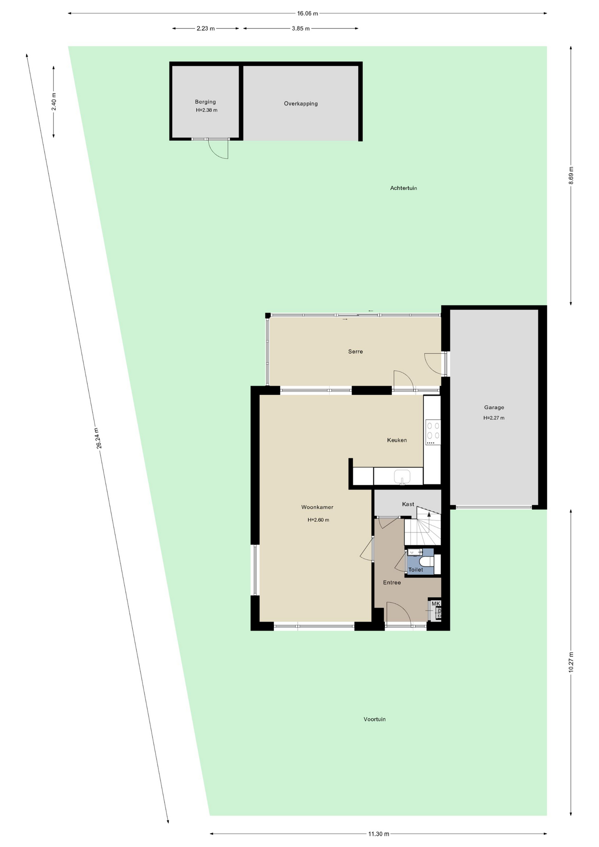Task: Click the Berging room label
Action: [x=205, y=102]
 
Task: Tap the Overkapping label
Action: [x=301, y=104]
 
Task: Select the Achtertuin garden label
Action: [x=404, y=188]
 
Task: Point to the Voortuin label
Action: [x=374, y=719]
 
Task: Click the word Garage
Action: [x=494, y=408]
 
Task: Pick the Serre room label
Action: [x=356, y=352]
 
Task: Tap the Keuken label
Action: [x=397, y=440]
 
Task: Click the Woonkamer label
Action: [x=317, y=507]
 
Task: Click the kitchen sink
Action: [x=402, y=477]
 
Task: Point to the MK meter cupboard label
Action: [x=436, y=603]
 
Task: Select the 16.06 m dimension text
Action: [x=307, y=14]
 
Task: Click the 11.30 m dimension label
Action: [x=378, y=834]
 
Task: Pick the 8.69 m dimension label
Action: [x=571, y=175]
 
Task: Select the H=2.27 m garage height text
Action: [x=494, y=418]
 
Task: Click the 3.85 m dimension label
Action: [x=301, y=29]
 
